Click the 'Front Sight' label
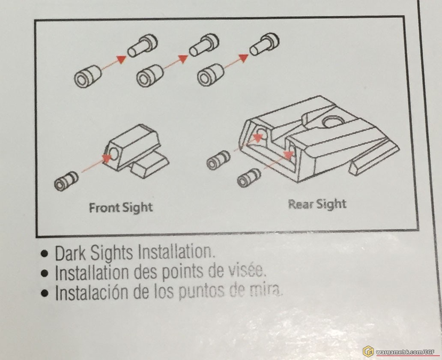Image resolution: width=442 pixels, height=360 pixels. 121,208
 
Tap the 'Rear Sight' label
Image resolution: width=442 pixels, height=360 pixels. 317,204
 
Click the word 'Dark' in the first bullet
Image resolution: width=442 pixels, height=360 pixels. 70,253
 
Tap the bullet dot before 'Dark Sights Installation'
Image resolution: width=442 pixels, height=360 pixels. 45,253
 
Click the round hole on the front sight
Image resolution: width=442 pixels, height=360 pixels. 114,153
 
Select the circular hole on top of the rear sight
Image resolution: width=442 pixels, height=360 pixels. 334,122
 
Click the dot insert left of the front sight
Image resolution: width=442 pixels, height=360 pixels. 66,180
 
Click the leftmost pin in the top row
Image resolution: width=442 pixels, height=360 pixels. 142,45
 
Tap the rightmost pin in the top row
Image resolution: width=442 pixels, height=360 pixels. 264,44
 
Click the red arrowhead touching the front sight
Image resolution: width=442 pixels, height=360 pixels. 107,158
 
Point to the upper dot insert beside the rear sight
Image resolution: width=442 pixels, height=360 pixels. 218,160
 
